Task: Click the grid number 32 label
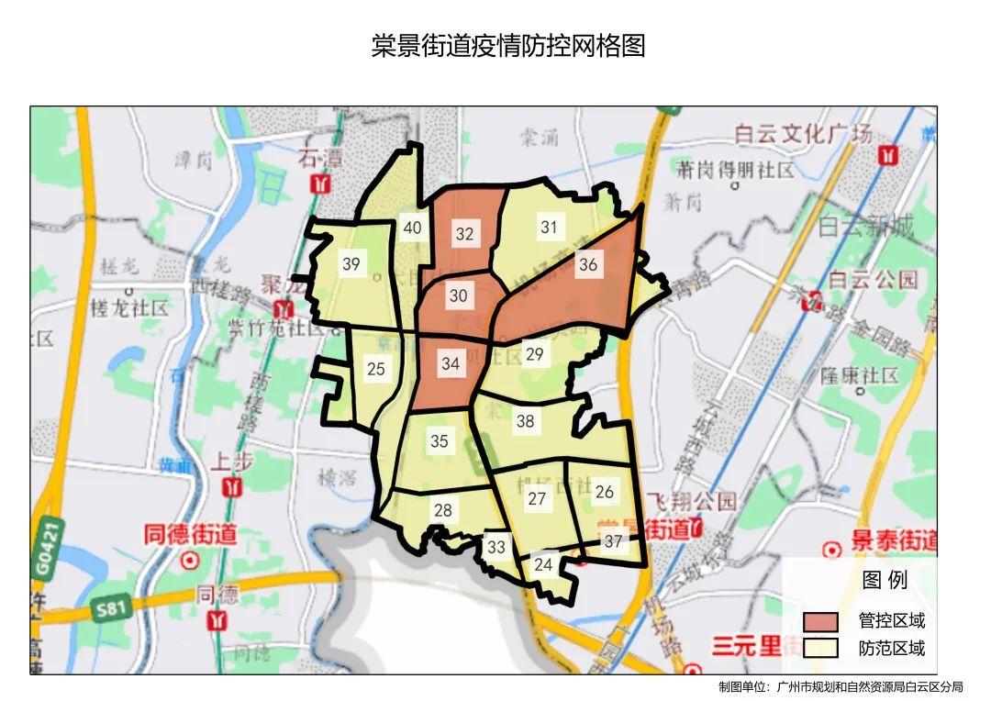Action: [464, 234]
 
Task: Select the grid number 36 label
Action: [588, 265]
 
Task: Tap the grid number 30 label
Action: [458, 295]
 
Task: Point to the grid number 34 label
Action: [450, 363]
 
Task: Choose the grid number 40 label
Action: [413, 228]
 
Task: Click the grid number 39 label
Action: [351, 264]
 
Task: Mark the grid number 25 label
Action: [375, 369]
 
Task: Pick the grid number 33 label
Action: [496, 547]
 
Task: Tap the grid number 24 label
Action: [543, 564]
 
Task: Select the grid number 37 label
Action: [613, 541]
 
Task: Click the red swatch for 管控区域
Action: [820, 621]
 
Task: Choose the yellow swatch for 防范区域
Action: [820, 648]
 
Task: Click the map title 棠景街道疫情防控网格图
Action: [508, 46]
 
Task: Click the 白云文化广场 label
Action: [803, 134]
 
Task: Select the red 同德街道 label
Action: [190, 533]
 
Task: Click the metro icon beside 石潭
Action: [320, 183]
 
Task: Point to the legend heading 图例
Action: [885, 580]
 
